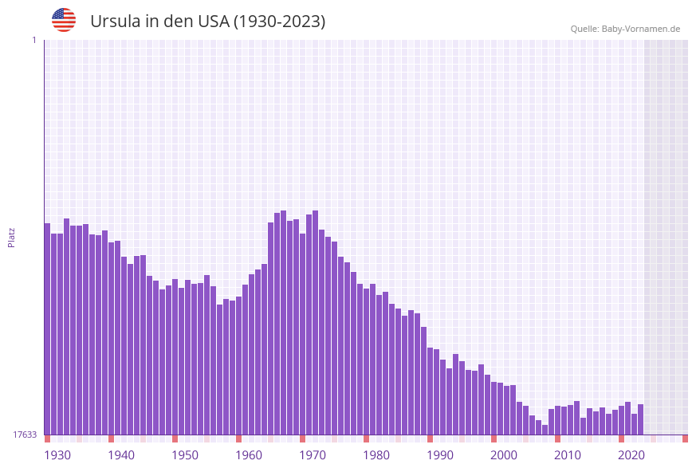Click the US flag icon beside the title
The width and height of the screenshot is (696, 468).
coord(64,20)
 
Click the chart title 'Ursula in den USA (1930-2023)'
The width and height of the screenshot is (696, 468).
coord(207,22)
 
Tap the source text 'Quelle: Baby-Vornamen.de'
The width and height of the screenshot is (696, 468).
coord(625,29)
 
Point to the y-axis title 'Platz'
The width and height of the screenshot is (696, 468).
coord(12,237)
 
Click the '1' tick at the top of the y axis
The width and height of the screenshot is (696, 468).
coord(33,40)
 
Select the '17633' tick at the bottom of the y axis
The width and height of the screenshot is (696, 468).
coord(24,435)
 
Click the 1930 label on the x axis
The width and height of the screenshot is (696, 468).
coord(57,455)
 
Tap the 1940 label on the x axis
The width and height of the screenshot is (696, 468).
coord(121,455)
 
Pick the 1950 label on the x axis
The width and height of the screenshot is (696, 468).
coord(185,455)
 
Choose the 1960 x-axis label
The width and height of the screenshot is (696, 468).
coord(249,455)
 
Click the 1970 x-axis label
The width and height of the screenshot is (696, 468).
coord(313,455)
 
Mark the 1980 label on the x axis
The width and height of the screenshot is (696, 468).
coord(376,455)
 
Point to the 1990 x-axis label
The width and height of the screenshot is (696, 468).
coord(440,455)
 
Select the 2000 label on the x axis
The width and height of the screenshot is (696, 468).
coord(504,455)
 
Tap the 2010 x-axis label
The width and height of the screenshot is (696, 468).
coord(568,455)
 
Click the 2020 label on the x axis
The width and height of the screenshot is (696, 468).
coord(631,455)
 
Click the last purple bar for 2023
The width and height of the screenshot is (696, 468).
coord(640,419)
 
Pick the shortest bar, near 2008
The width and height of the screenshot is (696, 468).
coord(545,430)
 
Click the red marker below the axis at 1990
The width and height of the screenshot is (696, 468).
coord(430,439)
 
